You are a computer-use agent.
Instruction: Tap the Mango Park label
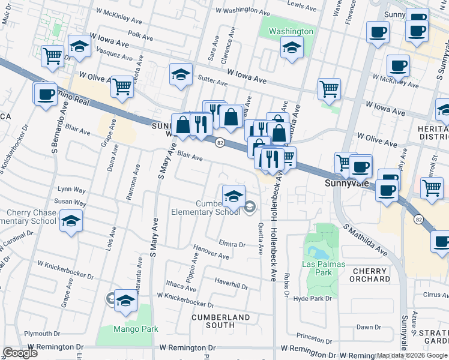(x=136, y=329)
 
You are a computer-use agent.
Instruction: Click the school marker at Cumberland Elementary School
(x=234, y=195)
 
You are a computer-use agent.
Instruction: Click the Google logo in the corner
(x=20, y=353)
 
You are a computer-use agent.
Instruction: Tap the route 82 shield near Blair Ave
(x=220, y=142)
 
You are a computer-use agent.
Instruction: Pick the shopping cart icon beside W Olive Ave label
(x=122, y=86)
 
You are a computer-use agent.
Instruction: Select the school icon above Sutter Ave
(x=181, y=74)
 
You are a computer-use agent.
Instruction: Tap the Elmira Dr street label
(x=232, y=244)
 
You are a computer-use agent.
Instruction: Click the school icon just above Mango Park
(x=126, y=301)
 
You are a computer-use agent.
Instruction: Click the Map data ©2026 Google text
(x=412, y=355)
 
